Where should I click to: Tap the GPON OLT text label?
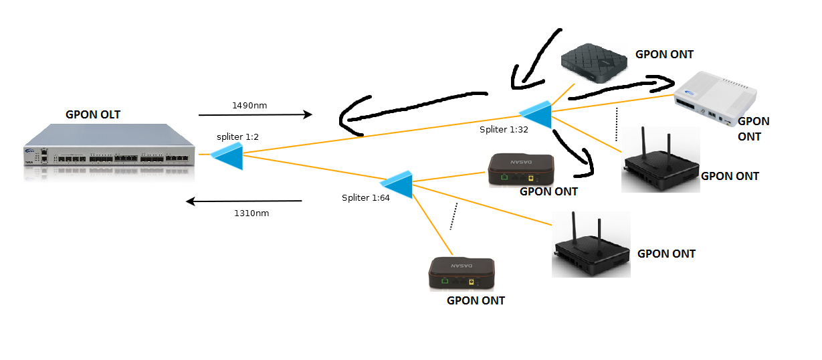pyautogui.click(x=93, y=114)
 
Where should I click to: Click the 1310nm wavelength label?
pyautogui.click(x=251, y=213)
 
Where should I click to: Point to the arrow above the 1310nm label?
pyautogui.click(x=244, y=201)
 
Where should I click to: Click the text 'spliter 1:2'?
pyautogui.click(x=237, y=137)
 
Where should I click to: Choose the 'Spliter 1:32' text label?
pyautogui.click(x=504, y=129)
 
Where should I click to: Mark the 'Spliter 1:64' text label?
pyautogui.click(x=366, y=197)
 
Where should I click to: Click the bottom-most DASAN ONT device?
pyautogui.click(x=461, y=273)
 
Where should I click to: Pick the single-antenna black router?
pyautogui.click(x=591, y=246)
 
